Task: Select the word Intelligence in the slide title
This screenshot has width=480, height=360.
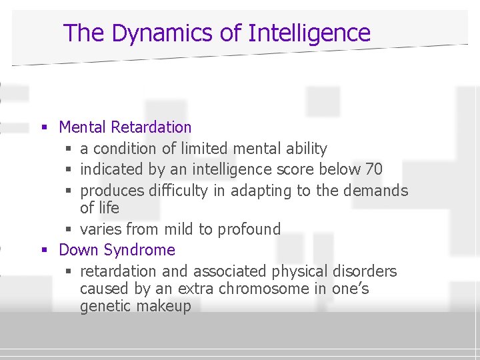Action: [x=309, y=33]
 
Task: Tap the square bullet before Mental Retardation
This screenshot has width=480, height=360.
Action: [x=44, y=127]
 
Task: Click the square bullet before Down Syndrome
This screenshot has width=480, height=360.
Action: [x=44, y=251]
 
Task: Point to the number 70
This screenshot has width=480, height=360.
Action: [x=374, y=169]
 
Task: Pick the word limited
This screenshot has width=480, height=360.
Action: [x=202, y=148]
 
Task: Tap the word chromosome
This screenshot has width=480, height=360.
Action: [x=225, y=289]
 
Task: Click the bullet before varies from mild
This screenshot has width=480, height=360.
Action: [x=70, y=230]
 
